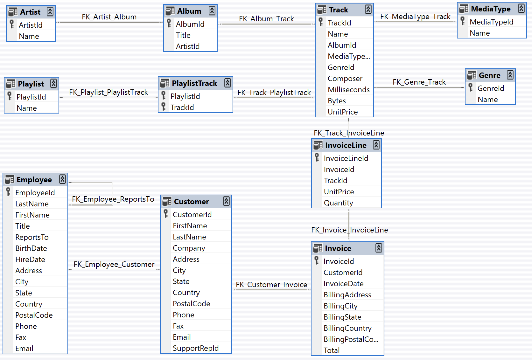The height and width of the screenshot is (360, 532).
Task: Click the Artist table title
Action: click(30, 12)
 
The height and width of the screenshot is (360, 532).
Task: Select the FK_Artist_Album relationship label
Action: click(109, 17)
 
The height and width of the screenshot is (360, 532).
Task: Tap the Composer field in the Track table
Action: click(345, 79)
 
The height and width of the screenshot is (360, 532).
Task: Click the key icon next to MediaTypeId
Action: click(463, 21)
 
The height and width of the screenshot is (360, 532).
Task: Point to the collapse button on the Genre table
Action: click(510, 75)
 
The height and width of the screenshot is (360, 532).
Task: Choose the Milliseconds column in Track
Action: click(348, 90)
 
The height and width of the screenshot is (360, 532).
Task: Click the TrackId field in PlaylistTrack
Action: click(182, 107)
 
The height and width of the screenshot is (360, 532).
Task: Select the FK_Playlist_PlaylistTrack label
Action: click(108, 92)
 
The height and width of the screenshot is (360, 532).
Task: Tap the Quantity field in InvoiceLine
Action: click(338, 203)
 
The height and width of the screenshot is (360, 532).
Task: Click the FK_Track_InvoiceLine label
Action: click(349, 133)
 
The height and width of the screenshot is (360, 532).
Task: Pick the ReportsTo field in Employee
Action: click(32, 237)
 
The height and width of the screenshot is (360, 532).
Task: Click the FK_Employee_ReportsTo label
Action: click(113, 199)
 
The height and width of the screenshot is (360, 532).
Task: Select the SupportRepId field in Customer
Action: click(195, 348)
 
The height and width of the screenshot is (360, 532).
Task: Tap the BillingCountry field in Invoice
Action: click(347, 328)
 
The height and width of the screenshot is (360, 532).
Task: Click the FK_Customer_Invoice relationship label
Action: click(271, 285)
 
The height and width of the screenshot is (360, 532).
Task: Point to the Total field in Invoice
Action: click(332, 350)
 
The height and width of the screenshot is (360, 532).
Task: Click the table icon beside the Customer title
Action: click(167, 201)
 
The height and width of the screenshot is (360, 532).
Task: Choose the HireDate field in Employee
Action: click(30, 260)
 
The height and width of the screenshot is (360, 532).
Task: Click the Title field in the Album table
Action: click(183, 35)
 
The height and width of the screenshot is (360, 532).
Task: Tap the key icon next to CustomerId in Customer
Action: click(166, 214)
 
